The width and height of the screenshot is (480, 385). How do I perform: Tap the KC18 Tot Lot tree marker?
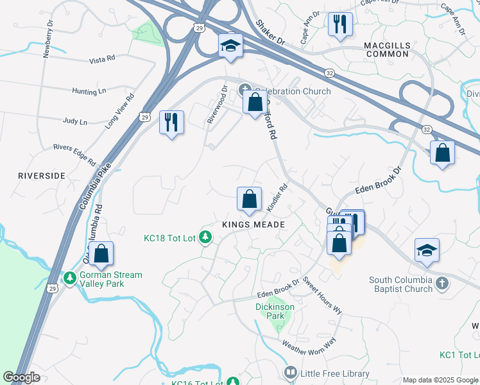(x=205, y=238)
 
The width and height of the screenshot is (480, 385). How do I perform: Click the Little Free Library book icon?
(x=291, y=373)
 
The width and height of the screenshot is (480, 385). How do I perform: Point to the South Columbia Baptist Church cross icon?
(x=441, y=283)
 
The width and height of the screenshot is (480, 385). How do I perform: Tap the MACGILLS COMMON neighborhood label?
(x=386, y=49)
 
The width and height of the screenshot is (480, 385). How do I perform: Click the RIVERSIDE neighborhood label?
(x=42, y=175)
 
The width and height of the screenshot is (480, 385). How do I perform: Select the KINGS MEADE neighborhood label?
(x=253, y=225)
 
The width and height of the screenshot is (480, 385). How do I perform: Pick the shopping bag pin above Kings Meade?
(x=249, y=200)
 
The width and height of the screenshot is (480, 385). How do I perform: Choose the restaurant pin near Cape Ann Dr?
(x=339, y=24)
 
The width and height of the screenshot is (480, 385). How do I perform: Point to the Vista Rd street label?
(x=102, y=58)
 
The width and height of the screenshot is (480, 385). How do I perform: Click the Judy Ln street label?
(x=76, y=121)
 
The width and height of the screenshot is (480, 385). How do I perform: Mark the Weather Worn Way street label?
(x=309, y=345)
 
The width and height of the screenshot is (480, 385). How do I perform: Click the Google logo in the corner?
(x=22, y=377)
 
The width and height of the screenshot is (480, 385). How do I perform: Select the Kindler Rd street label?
(x=277, y=198)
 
